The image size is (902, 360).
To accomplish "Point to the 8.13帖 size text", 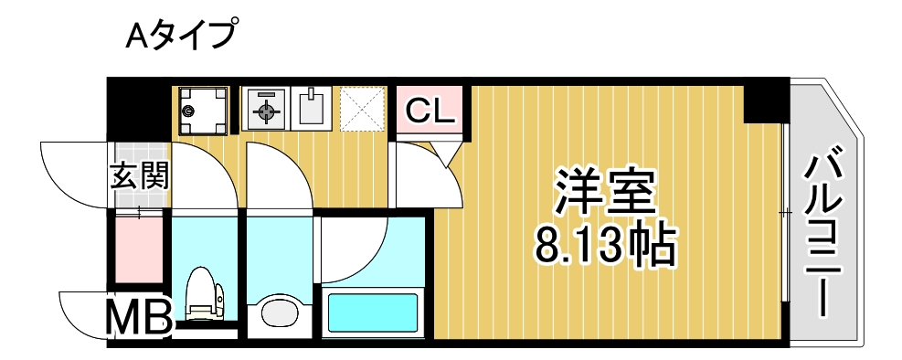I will pyautogui.click(x=605, y=244).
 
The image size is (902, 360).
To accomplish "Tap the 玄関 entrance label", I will pyautogui.click(x=140, y=175).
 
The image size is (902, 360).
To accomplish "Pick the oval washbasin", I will pyautogui.click(x=279, y=312).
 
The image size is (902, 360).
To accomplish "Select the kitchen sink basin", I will pyautogui.click(x=313, y=108).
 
